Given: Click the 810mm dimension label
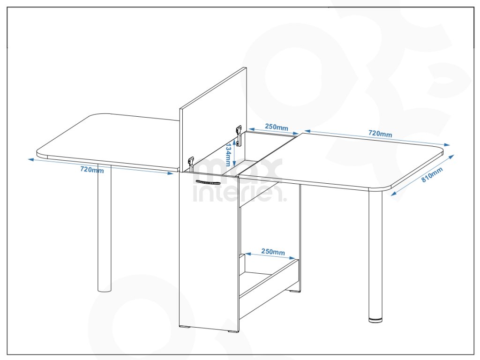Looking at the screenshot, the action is coord(432,175).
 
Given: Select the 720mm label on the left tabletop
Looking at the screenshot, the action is coord(92,169).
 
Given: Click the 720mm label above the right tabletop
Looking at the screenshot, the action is coord(380,133).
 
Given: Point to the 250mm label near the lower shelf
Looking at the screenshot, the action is coord(273,252).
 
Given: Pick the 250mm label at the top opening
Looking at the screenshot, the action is coord(277,127).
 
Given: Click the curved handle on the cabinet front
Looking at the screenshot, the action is coord(208,182).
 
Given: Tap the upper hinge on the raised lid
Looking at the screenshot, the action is coord(239,134).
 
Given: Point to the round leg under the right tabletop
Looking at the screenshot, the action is coord(375,255).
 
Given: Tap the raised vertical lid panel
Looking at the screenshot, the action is coord(213,120).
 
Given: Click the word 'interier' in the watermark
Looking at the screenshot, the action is coord(239,194).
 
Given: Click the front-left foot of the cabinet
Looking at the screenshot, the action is coord(185,327).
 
